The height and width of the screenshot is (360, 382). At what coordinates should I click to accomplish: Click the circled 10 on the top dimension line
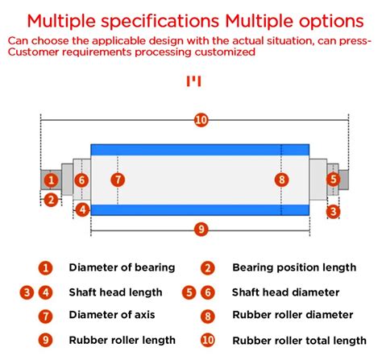201,120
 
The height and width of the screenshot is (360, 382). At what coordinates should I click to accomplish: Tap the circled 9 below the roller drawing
201,230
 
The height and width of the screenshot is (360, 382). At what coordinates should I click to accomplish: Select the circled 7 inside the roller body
118,180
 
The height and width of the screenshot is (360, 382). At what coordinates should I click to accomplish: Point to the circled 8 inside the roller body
281,180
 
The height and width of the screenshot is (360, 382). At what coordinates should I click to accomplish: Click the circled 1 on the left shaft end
51,180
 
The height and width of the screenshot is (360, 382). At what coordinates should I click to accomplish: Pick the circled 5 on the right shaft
333,179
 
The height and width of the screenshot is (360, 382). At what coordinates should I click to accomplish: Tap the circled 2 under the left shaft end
51,200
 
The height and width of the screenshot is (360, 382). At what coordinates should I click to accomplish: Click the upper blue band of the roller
200,150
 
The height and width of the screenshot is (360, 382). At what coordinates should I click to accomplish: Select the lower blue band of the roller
200,210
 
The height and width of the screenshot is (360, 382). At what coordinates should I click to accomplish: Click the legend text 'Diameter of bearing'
122,267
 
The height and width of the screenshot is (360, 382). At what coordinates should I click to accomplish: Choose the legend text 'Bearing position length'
294,267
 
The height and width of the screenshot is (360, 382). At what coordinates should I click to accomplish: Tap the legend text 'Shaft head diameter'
285,292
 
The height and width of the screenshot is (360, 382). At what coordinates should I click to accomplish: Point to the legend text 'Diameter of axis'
112,315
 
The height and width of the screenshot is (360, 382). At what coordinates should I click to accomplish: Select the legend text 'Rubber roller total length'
299,341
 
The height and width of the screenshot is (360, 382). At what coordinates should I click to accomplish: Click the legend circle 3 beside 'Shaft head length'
27,292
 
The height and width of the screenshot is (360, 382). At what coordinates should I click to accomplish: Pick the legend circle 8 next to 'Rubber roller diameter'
208,317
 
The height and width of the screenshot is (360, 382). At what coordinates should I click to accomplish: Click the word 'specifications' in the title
160,22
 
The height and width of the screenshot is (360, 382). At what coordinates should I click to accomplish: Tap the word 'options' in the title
331,22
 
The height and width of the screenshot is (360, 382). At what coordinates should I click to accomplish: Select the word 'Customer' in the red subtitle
33,52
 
